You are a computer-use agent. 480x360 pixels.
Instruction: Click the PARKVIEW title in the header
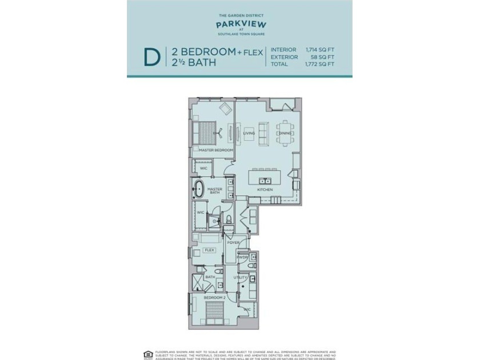pyautogui.click(x=239, y=25)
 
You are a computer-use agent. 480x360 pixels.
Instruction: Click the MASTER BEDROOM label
pyautogui.click(x=216, y=150)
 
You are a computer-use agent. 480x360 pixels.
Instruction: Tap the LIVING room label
pyautogui.click(x=249, y=133)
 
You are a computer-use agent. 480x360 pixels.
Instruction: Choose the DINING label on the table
pyautogui.click(x=285, y=133)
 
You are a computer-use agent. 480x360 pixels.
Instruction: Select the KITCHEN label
pyautogui.click(x=265, y=189)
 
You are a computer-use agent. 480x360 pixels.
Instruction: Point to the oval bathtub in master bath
pyautogui.click(x=199, y=188)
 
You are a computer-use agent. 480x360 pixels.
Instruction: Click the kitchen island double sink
pyautogui.click(x=264, y=170)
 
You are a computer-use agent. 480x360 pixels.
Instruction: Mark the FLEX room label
pyautogui.click(x=210, y=250)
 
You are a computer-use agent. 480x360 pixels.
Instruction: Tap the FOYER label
pyautogui.click(x=233, y=242)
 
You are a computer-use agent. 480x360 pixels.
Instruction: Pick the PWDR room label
pyautogui.click(x=242, y=265)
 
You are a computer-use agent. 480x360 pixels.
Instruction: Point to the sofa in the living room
pyautogui.click(x=263, y=133)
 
